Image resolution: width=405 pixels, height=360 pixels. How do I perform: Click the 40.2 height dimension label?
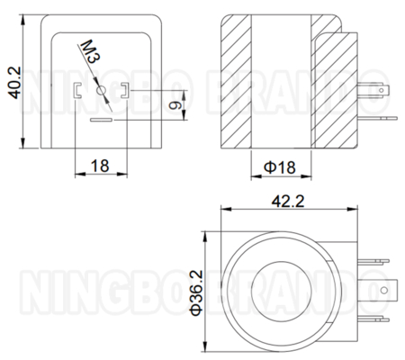[x=14, y=83]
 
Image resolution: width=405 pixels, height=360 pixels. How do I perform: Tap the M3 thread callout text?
[x=89, y=51]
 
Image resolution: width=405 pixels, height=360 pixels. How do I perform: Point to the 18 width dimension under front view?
[x=100, y=166]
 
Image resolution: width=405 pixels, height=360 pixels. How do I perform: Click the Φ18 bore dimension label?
[x=280, y=167]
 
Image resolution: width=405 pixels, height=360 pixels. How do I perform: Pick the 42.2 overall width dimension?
[x=288, y=201]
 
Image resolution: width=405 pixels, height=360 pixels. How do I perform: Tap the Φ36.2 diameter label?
[x=197, y=292]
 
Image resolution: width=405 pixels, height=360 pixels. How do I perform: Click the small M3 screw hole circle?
[x=102, y=90]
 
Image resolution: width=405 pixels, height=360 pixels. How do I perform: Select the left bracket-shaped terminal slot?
[x=77, y=90]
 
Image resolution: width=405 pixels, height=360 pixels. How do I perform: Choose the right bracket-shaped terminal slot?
[x=125, y=90]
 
